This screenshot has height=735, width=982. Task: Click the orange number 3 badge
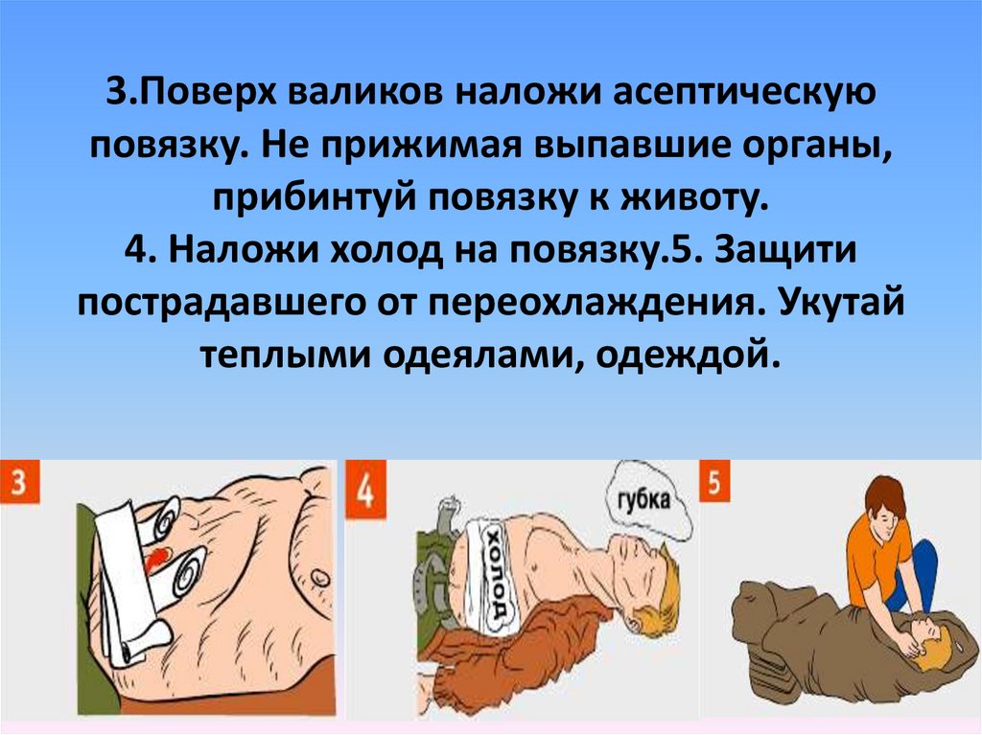[x=19, y=481]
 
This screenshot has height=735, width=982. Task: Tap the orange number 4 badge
[x=365, y=490]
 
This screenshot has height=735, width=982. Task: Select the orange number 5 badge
[x=713, y=482]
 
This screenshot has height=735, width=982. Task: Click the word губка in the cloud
[x=643, y=499]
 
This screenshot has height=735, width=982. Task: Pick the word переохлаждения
[x=590, y=303]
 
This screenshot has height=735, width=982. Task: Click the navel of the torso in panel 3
[x=319, y=573]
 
